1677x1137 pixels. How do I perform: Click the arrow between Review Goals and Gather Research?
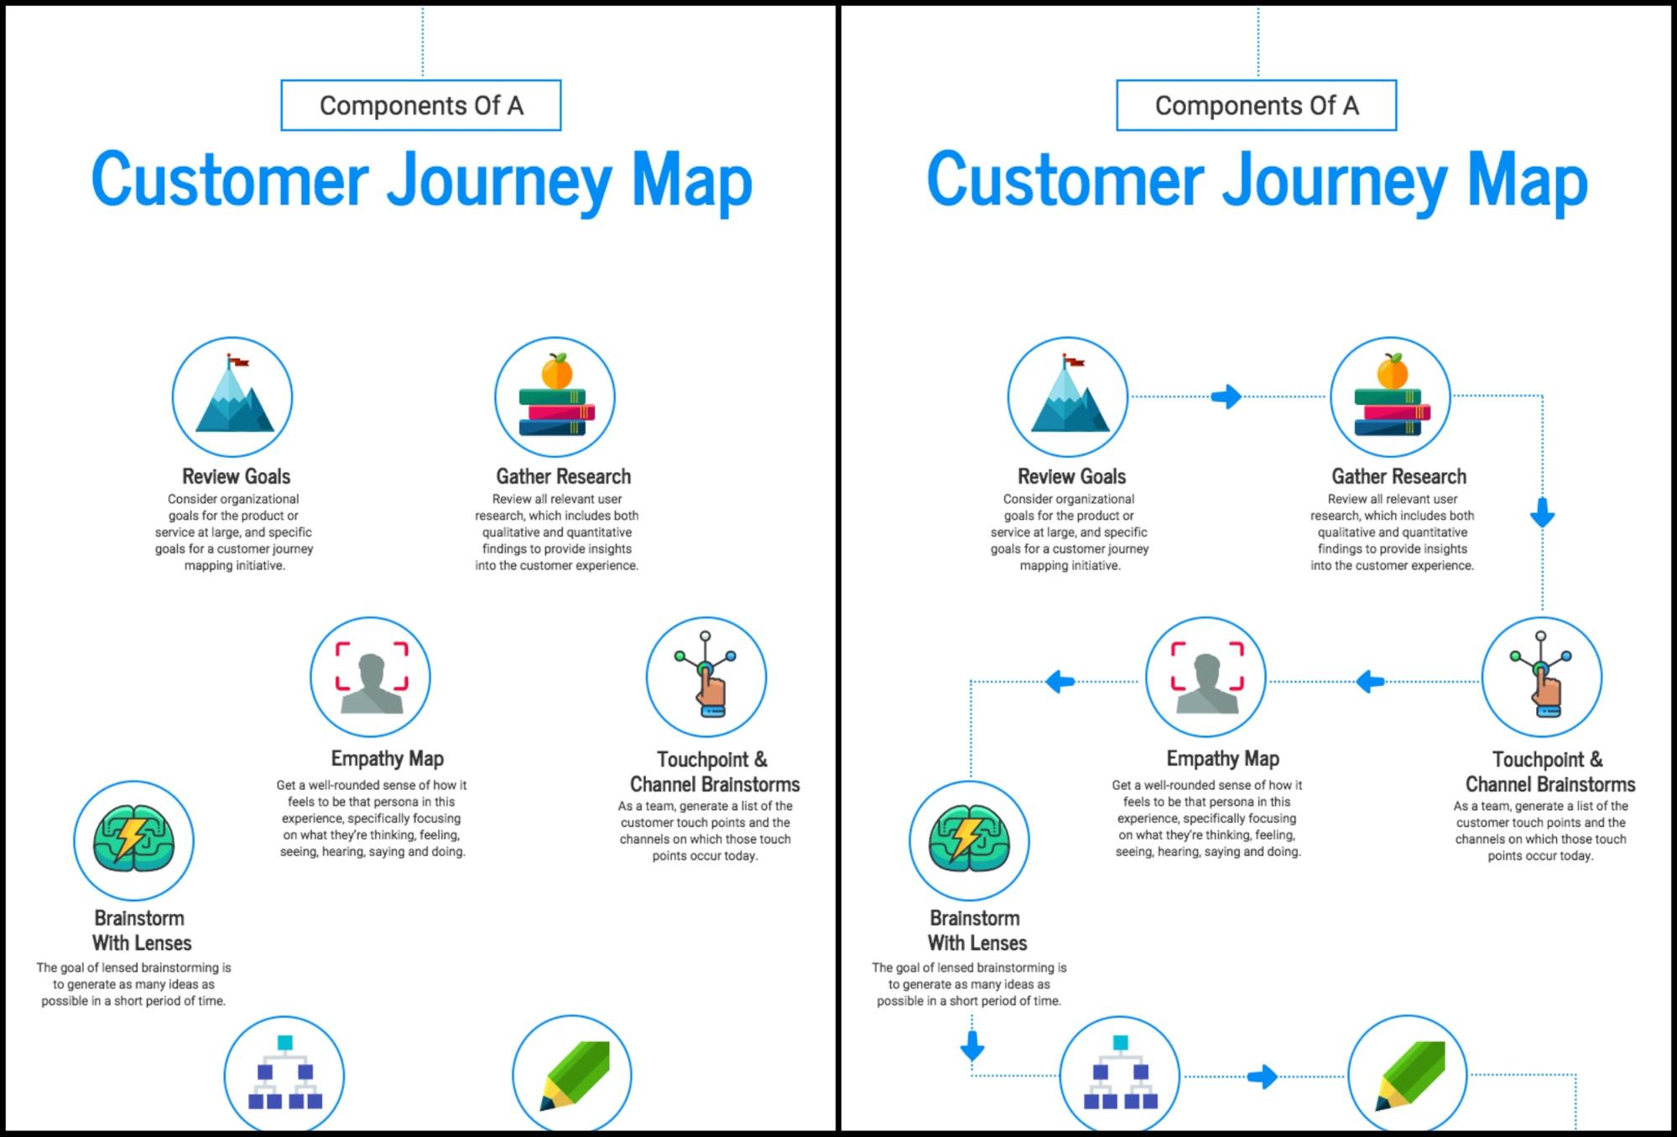coord(1227,397)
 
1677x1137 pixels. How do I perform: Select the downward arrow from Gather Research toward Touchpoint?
coord(1542,512)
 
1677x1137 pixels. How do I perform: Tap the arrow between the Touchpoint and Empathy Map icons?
coord(1370,682)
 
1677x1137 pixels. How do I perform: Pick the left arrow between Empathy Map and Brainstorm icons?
coord(1060,682)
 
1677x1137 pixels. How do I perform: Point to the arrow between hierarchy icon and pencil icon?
coord(1263,1077)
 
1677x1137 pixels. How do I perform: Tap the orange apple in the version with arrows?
coord(1392,371)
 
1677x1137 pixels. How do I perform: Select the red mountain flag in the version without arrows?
coord(240,362)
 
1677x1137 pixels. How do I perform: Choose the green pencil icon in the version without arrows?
coord(575,1075)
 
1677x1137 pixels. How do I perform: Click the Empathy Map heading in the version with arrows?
coord(1222,759)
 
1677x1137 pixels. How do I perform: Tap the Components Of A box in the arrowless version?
coord(421,106)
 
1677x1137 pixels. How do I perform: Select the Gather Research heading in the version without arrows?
coord(564,476)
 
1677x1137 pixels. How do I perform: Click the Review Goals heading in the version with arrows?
coord(1071,476)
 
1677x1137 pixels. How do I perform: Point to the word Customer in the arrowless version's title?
coord(230,179)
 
